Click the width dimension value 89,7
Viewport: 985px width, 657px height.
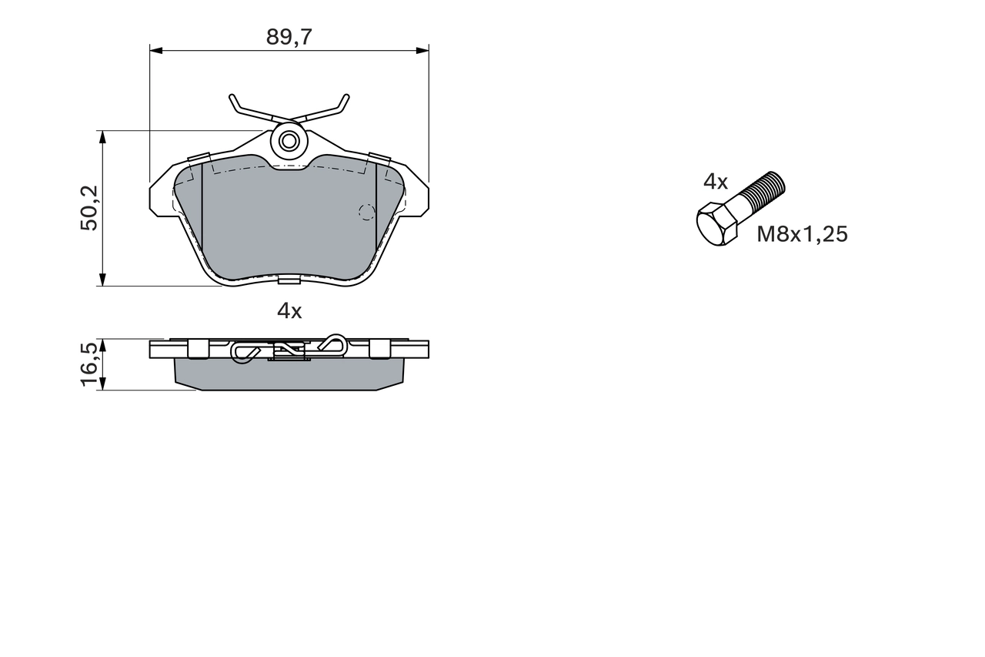pyautogui.click(x=289, y=36)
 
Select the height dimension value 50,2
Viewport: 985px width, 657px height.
pyautogui.click(x=89, y=208)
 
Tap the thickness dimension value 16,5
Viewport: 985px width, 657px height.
pyautogui.click(x=89, y=364)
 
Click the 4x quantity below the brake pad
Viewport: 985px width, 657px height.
pyautogui.click(x=289, y=311)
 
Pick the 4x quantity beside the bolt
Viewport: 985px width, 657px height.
pyautogui.click(x=715, y=182)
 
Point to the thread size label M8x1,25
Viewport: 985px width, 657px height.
pyautogui.click(x=802, y=234)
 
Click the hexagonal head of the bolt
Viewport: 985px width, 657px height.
pyautogui.click(x=716, y=225)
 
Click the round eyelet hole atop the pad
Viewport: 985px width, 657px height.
pyautogui.click(x=289, y=141)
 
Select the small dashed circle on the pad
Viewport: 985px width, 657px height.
pyautogui.click(x=366, y=212)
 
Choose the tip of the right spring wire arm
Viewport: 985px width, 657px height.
pyautogui.click(x=346, y=97)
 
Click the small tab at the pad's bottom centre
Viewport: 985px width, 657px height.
pyautogui.click(x=289, y=278)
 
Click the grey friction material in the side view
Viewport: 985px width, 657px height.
pyautogui.click(x=289, y=375)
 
